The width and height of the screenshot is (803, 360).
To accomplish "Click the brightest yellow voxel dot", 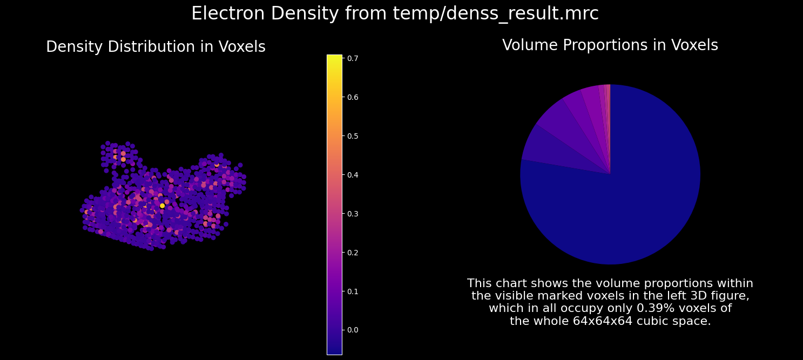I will (x=162, y=206).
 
